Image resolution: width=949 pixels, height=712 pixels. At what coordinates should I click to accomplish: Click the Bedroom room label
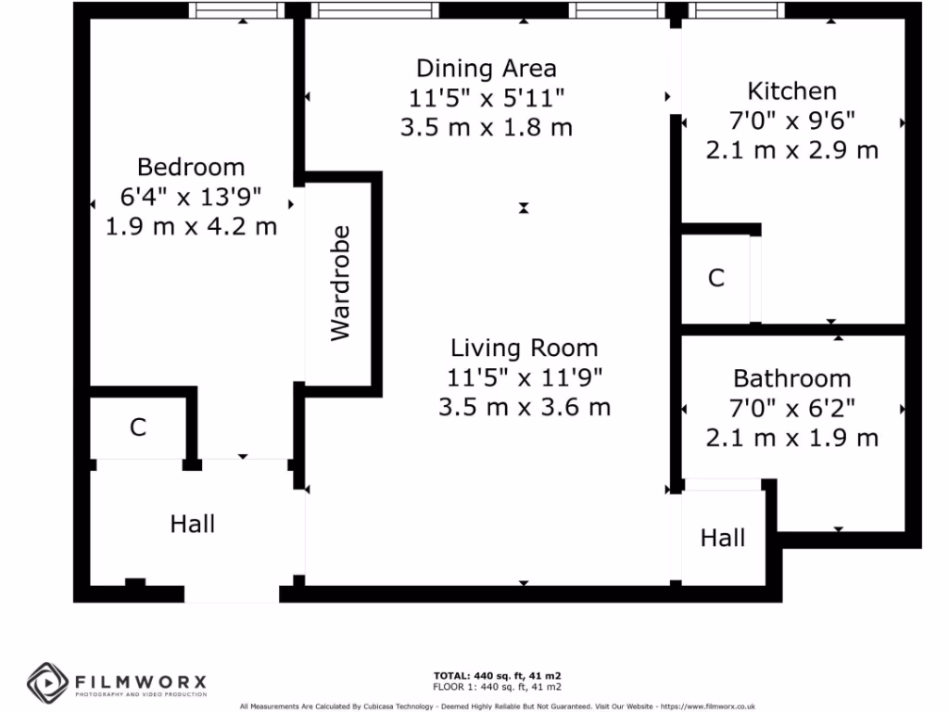191,167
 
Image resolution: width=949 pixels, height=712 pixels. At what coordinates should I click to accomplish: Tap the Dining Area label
486,68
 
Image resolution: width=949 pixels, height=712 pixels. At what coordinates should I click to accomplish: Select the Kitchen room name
791,91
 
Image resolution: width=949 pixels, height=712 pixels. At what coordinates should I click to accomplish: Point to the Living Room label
524,349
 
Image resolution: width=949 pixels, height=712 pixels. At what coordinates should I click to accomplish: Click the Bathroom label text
791,378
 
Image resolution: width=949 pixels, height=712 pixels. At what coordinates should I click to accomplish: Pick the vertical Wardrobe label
341,283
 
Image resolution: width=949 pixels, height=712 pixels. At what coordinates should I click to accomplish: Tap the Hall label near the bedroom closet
193,525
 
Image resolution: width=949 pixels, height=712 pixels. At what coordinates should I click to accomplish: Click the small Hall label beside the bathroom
722,538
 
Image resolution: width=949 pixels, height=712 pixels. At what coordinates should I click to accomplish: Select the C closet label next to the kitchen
715,278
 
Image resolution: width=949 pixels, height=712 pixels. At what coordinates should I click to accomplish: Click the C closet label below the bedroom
138,427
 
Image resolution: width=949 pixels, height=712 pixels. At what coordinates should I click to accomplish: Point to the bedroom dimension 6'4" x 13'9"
191,197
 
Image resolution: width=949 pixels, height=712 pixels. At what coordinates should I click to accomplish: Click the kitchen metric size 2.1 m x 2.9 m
791,150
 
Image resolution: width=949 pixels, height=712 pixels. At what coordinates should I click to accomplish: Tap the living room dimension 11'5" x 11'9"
524,377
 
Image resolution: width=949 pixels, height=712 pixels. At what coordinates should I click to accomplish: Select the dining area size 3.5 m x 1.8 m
486,127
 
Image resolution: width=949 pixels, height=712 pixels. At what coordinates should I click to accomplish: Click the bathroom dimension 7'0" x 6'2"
791,408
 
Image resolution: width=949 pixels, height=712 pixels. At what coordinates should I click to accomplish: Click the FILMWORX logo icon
45,683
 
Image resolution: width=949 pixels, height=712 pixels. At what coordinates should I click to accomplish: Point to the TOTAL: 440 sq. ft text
497,675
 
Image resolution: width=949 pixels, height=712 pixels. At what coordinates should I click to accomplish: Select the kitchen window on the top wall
736,10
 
